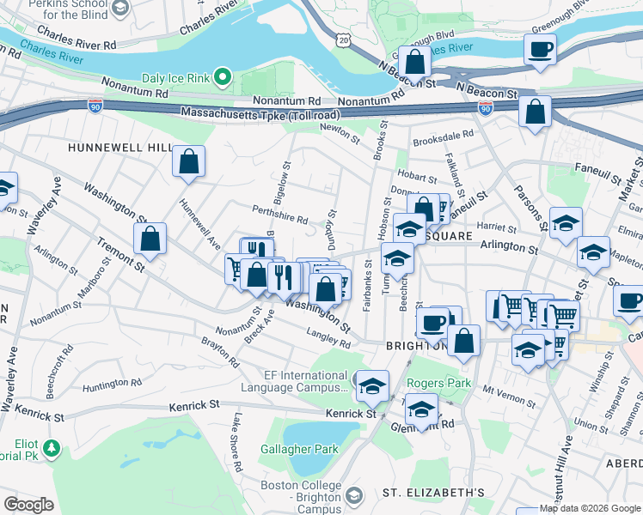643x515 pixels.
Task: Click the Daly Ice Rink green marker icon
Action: [x=223, y=78]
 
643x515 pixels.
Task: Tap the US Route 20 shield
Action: [x=344, y=40]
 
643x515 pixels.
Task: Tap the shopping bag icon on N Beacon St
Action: [x=414, y=64]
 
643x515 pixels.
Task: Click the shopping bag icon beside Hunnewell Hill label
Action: [x=188, y=161]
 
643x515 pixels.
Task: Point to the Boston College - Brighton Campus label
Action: [x=301, y=493]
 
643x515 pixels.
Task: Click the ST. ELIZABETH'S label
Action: [x=433, y=493]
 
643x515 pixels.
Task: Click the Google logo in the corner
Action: [x=28, y=504]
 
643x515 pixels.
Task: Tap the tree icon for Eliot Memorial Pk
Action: [x=52, y=447]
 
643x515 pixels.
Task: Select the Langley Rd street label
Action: [x=330, y=337]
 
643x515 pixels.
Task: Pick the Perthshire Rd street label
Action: [x=279, y=214]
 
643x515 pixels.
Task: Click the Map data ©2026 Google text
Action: [x=590, y=508]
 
